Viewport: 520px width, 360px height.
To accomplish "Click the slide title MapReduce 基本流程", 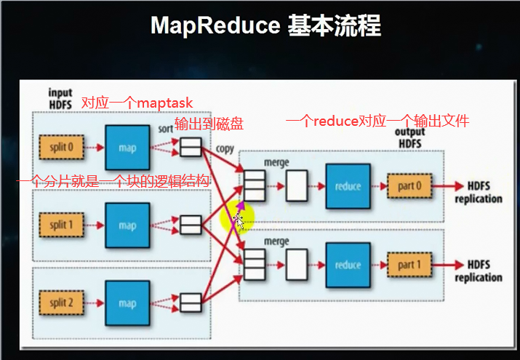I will pyautogui.click(x=265, y=26).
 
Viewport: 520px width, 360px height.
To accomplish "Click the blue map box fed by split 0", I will pyautogui.click(x=127, y=148).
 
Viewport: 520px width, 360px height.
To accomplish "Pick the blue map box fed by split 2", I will pyautogui.click(x=127, y=303).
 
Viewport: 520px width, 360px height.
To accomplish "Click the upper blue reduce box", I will pyautogui.click(x=348, y=186).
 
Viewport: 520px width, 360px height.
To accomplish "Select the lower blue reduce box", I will pyautogui.click(x=348, y=265).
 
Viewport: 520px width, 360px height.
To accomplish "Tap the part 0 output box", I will pyautogui.click(x=409, y=186).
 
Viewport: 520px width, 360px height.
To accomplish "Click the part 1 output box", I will pyautogui.click(x=409, y=265).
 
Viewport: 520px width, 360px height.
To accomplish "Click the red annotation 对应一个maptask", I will pyautogui.click(x=137, y=104).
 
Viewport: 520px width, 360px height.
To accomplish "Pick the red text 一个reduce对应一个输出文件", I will pyautogui.click(x=377, y=121).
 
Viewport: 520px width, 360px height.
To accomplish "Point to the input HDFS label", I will pyautogui.click(x=60, y=99).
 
